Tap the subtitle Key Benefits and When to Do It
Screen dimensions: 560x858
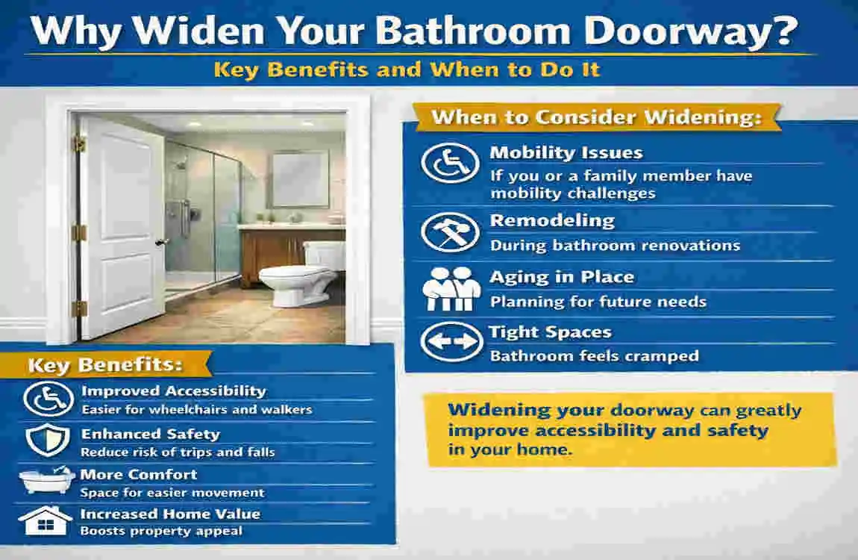pyautogui.click(x=407, y=70)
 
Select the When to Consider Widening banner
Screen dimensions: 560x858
pyautogui.click(x=596, y=117)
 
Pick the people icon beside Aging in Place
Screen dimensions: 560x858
pyautogui.click(x=448, y=287)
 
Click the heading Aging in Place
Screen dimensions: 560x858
pyautogui.click(x=562, y=277)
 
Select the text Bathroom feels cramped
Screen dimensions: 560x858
pyautogui.click(x=594, y=356)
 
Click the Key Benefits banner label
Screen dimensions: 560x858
pyautogui.click(x=105, y=366)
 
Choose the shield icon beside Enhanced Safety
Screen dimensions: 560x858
pyautogui.click(x=48, y=441)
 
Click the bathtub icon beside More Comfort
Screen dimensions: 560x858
pyautogui.click(x=47, y=480)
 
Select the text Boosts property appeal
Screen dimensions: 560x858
pyautogui.click(x=161, y=531)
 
